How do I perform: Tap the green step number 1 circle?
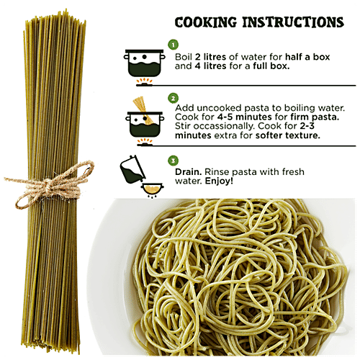coord(173,44)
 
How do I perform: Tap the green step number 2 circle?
coord(173,97)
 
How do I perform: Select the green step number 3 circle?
coord(173,160)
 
